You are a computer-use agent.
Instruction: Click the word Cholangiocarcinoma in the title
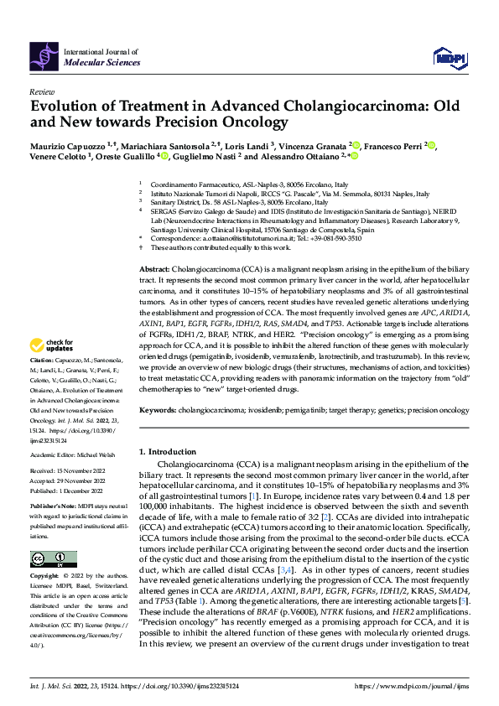click(311, 106)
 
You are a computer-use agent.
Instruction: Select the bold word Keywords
click(159, 410)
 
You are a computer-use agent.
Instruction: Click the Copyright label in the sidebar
click(43, 576)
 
